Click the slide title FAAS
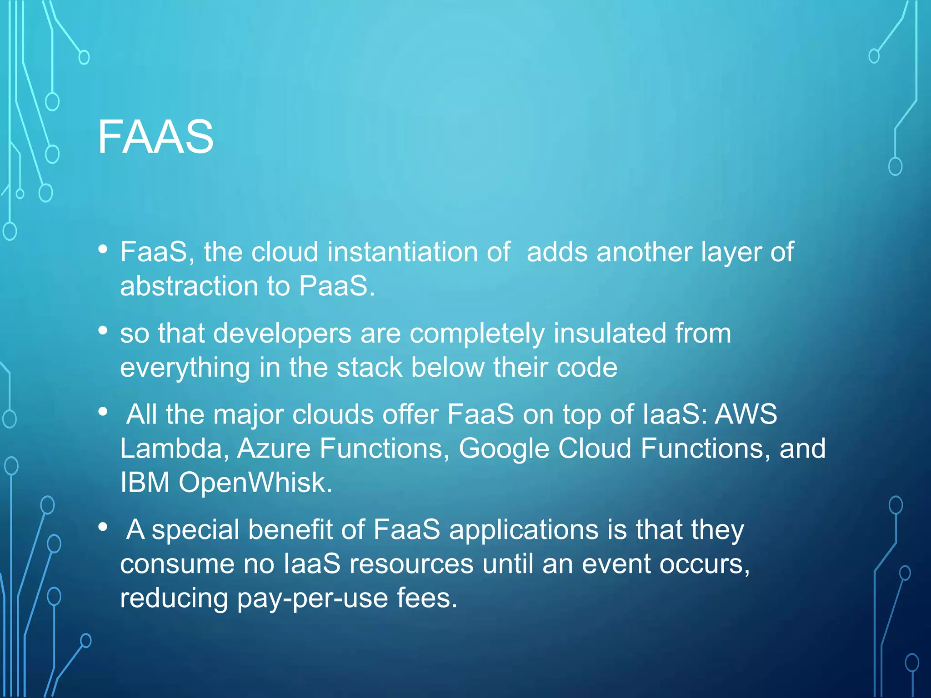click(155, 137)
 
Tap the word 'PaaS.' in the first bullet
click(337, 286)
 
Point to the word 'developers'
click(282, 333)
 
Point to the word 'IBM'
click(145, 482)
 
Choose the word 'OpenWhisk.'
click(255, 482)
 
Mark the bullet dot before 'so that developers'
click(103, 330)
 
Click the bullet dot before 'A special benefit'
click(103, 527)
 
